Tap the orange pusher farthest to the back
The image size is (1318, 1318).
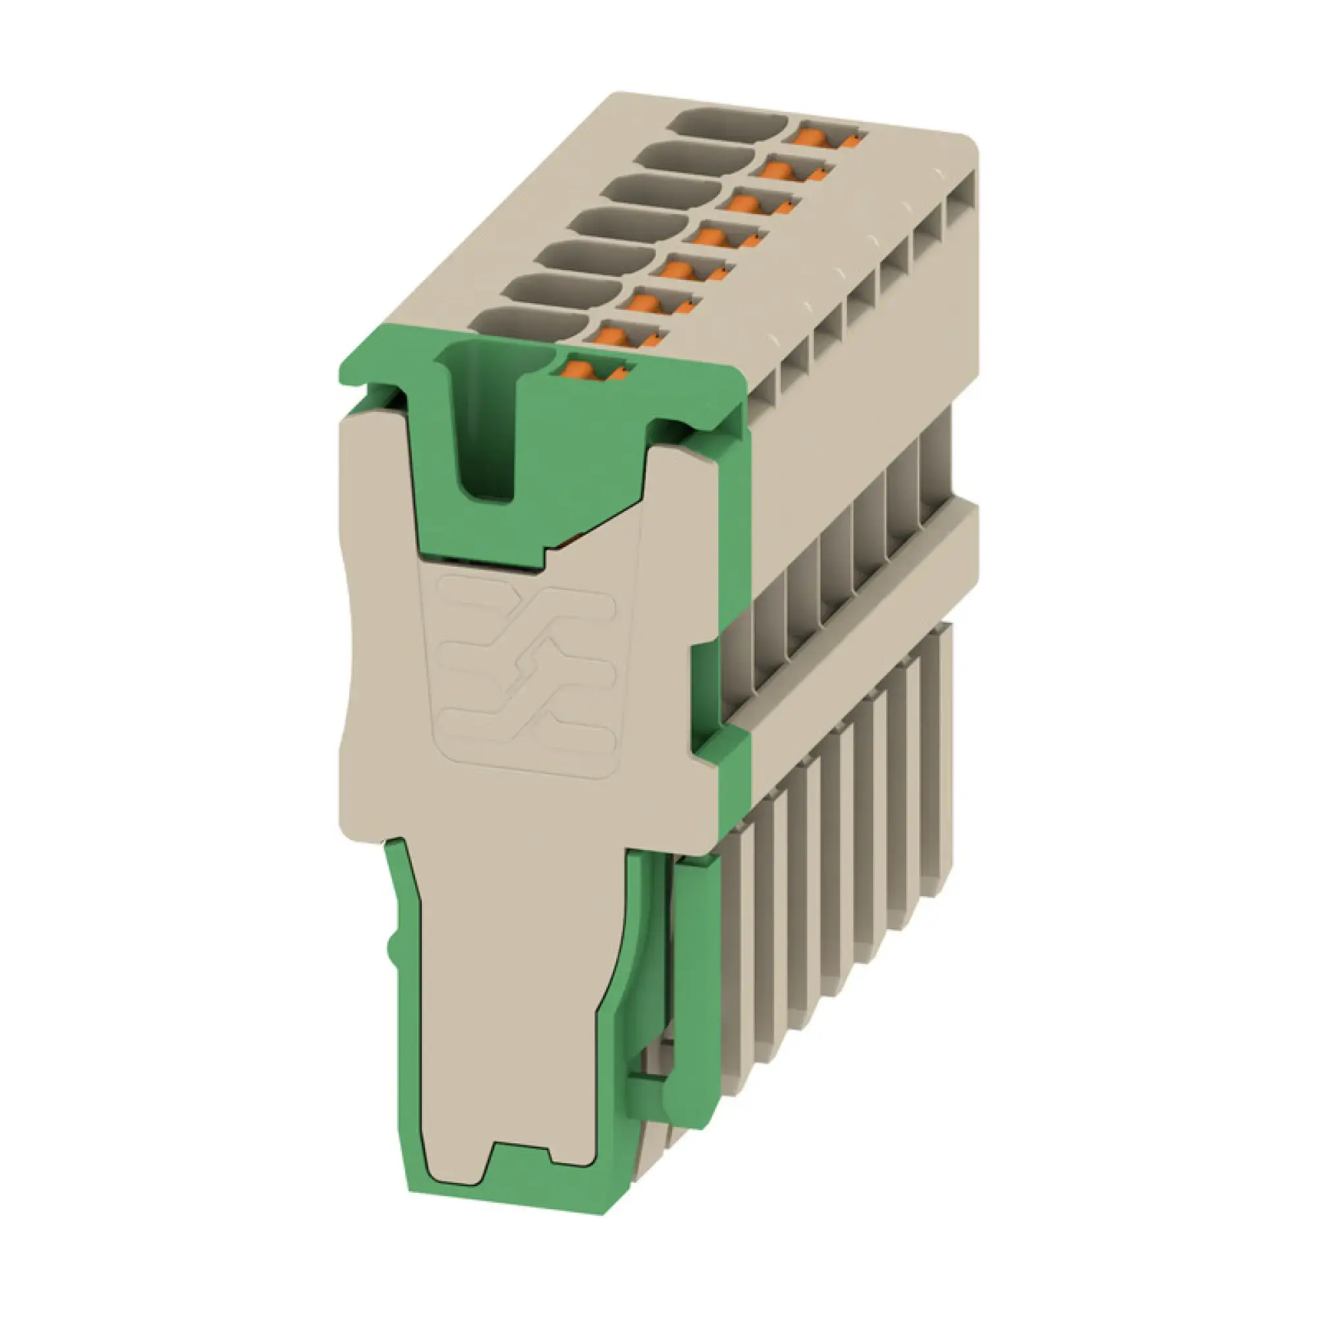[817, 136]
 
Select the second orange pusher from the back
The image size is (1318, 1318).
[782, 169]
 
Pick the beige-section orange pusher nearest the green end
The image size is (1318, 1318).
[612, 336]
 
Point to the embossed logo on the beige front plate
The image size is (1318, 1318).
[525, 672]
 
